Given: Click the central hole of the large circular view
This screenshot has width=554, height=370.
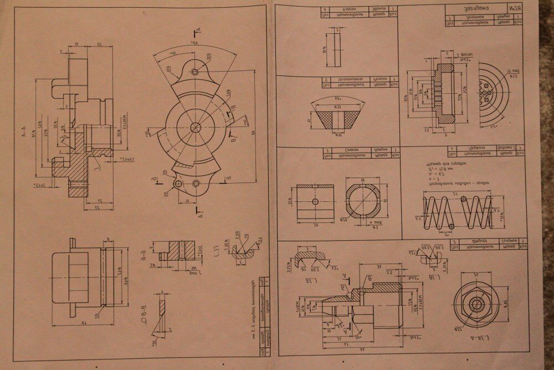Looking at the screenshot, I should click(195, 128).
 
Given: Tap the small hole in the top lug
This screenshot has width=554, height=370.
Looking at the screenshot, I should click(195, 72).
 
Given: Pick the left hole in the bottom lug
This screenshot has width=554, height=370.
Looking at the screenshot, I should click(178, 183).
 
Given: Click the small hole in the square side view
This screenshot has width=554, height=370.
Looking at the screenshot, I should click(315, 201).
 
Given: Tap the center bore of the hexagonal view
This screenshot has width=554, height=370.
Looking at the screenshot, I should click(476, 305).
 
